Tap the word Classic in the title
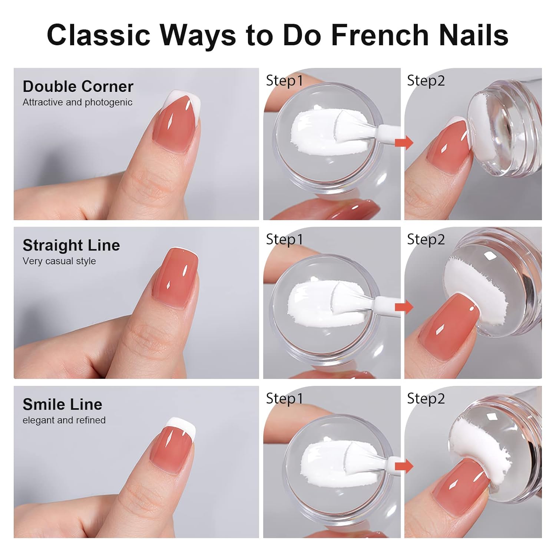[x=99, y=35]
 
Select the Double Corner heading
[x=78, y=86]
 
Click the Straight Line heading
[x=71, y=245]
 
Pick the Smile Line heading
[x=62, y=404]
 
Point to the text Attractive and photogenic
[x=77, y=102]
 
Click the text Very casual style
[x=59, y=261]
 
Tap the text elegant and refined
[x=64, y=420]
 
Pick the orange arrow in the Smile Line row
[x=404, y=466]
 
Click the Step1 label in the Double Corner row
[x=284, y=80]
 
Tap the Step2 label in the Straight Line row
[x=426, y=239]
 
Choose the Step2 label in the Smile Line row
[x=426, y=398]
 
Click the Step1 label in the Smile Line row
[x=284, y=398]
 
